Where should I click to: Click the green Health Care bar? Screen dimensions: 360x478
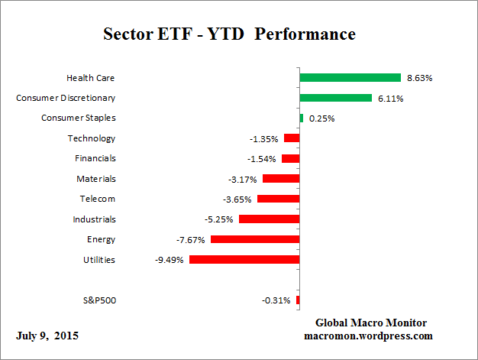pyautogui.click(x=350, y=77)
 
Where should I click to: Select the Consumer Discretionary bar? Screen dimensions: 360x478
pyautogui.click(x=335, y=98)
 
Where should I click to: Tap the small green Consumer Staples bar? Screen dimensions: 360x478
pyautogui.click(x=302, y=118)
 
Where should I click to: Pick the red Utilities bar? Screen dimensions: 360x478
pyautogui.click(x=244, y=259)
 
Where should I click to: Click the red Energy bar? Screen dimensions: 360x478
pyautogui.click(x=255, y=239)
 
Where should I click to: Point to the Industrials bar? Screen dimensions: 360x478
pyautogui.click(x=269, y=219)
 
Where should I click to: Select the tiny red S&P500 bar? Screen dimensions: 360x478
pyautogui.click(x=298, y=300)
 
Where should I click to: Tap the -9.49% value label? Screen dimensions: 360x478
pyautogui.click(x=170, y=260)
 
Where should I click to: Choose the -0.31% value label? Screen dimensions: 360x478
pyautogui.click(x=276, y=300)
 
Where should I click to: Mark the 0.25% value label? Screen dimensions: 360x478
pyautogui.click(x=321, y=118)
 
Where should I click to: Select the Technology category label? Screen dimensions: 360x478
pyautogui.click(x=91, y=138)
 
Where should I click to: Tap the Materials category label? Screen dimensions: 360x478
pyautogui.click(x=95, y=179)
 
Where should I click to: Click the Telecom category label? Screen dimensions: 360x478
pyautogui.click(x=97, y=199)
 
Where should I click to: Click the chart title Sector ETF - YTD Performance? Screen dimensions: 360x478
pyautogui.click(x=229, y=34)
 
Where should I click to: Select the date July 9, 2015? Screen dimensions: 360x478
pyautogui.click(x=47, y=336)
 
